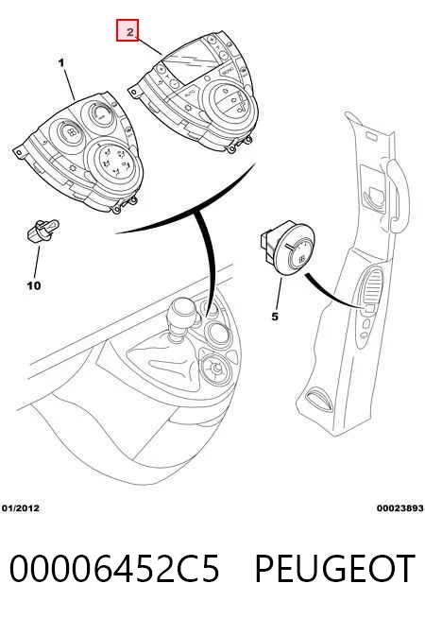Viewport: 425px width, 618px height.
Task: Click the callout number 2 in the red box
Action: [x=130, y=31]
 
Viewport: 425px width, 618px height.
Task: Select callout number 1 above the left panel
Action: [x=61, y=62]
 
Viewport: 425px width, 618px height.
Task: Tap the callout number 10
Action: [x=34, y=285]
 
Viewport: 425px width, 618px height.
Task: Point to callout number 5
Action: [x=275, y=317]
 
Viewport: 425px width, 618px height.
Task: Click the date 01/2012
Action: [x=21, y=508]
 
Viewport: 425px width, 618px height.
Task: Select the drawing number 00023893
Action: [x=399, y=508]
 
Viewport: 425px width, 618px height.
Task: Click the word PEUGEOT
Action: [x=334, y=568]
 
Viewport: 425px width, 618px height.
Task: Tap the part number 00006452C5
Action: [x=114, y=568]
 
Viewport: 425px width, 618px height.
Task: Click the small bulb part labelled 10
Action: [x=42, y=231]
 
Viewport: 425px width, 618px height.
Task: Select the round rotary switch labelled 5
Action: [x=289, y=249]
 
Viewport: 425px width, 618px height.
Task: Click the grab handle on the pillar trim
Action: [x=397, y=194]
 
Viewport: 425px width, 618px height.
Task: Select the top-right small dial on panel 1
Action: [x=98, y=114]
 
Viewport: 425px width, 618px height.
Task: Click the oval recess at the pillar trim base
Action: [x=316, y=399]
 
